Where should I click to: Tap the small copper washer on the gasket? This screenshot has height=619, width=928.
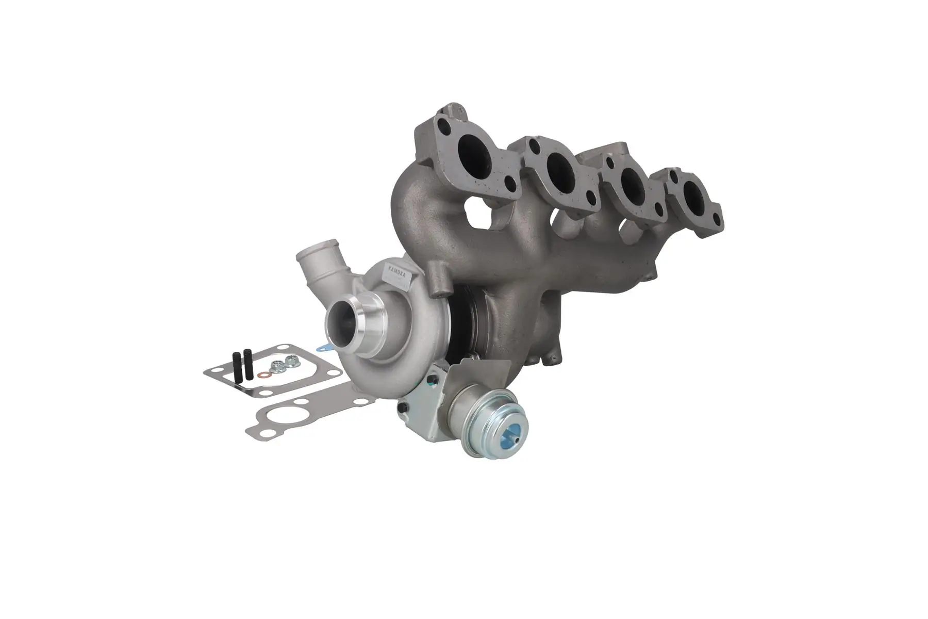tap(263, 375)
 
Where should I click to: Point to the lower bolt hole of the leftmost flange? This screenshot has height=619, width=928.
tap(510, 183)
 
